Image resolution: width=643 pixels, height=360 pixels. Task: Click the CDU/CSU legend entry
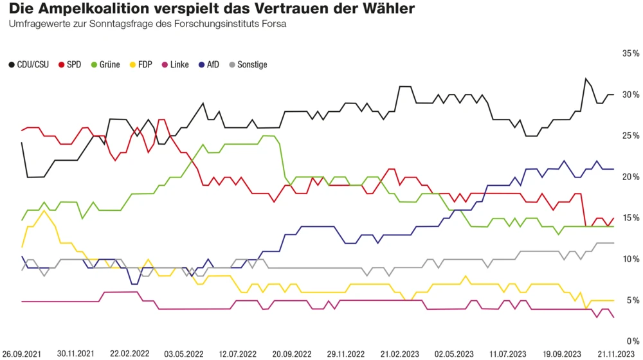click(x=29, y=65)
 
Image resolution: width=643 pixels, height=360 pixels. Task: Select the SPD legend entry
click(x=69, y=65)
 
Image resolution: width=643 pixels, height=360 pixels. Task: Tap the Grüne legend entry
click(x=105, y=65)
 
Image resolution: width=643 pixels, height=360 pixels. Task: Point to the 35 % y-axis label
click(x=631, y=54)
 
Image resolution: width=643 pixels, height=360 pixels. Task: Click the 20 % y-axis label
click(x=631, y=177)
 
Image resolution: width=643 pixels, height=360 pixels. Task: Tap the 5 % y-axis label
click(x=633, y=300)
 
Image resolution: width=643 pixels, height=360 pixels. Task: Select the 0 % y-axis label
click(x=633, y=341)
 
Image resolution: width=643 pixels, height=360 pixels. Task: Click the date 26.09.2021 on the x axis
click(x=23, y=354)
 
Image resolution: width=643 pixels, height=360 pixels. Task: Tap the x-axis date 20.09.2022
click(x=291, y=354)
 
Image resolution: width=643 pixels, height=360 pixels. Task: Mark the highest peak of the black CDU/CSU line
click(x=585, y=78)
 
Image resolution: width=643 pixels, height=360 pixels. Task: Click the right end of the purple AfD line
click(x=613, y=169)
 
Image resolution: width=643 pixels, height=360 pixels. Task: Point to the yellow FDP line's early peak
click(x=44, y=211)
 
